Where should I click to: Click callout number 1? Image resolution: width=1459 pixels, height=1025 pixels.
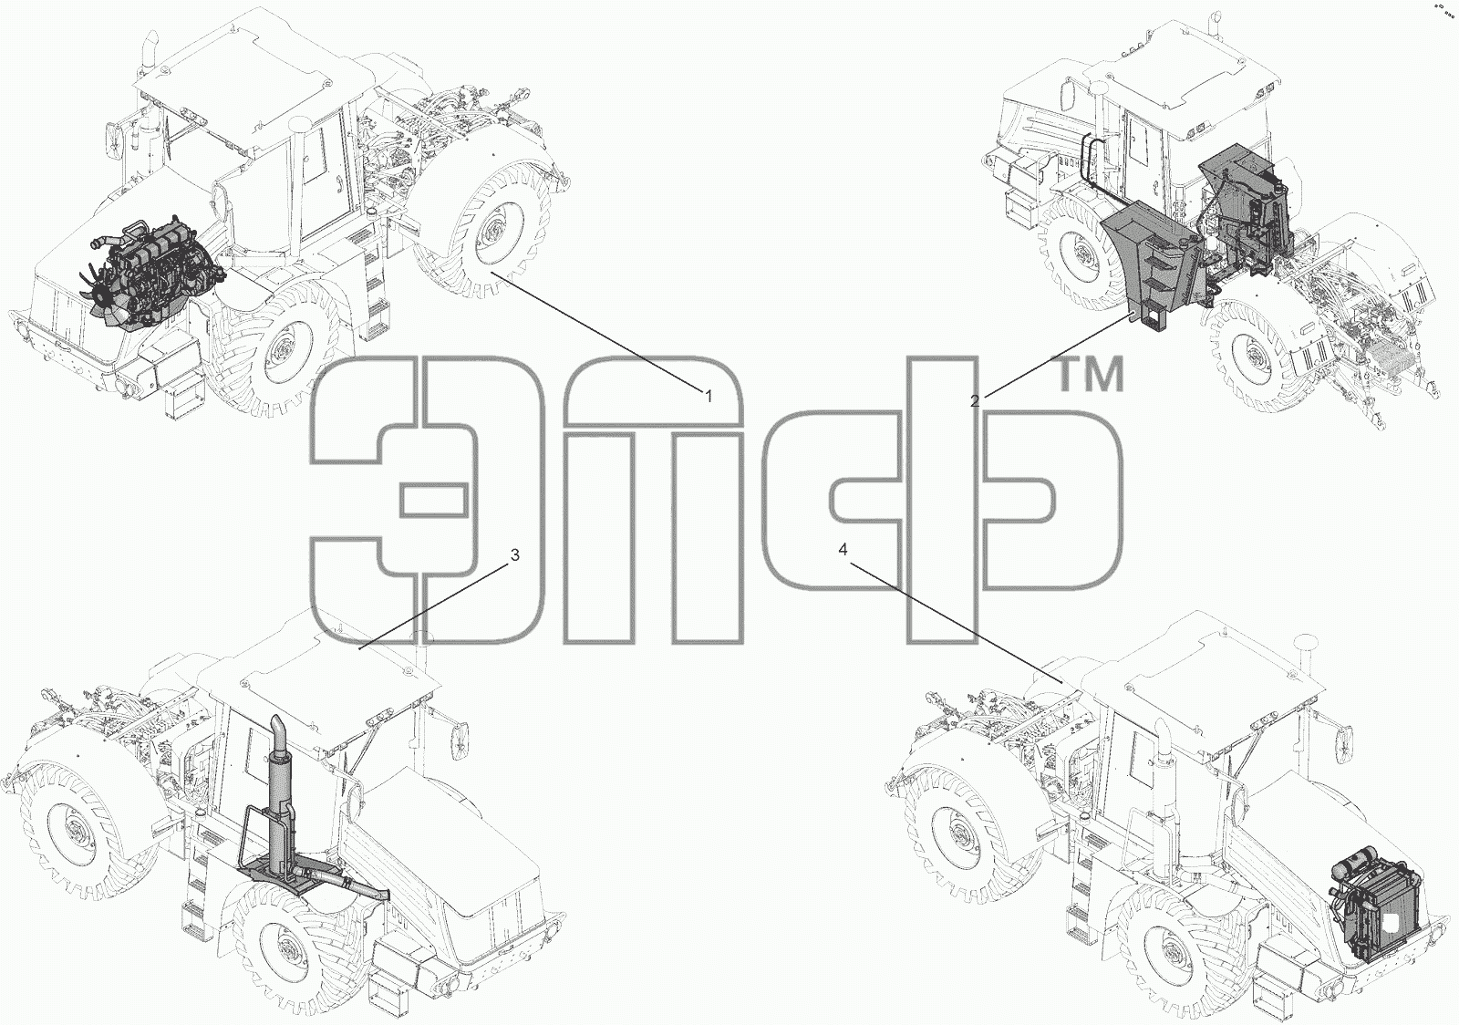(709, 396)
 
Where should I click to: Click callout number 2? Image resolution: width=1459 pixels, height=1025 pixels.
(975, 401)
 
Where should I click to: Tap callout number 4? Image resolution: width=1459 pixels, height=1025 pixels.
(843, 550)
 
